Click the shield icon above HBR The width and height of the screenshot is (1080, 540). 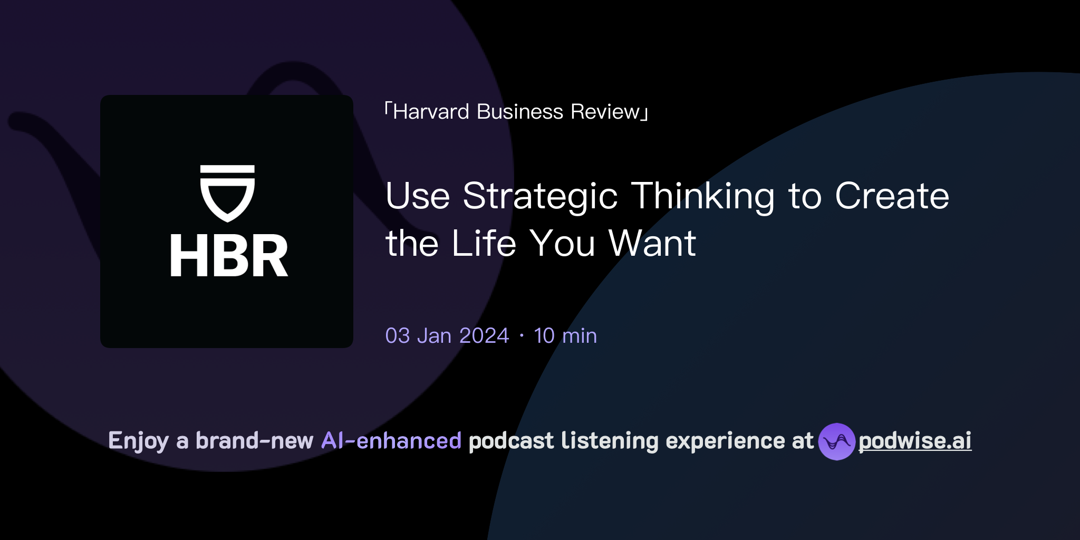tap(227, 192)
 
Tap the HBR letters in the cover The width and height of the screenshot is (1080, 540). tap(229, 256)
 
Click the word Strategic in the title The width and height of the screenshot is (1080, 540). tap(540, 196)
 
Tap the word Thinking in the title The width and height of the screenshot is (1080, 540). tap(703, 196)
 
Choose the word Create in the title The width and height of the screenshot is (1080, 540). tap(892, 196)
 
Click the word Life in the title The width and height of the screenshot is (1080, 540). tap(484, 244)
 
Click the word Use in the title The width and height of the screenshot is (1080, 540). tap(418, 196)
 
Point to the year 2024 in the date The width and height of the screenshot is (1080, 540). tap(484, 336)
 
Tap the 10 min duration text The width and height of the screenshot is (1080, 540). tap(565, 336)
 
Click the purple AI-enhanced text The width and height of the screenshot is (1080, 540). tap(391, 441)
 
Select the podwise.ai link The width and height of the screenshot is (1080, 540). tap(915, 441)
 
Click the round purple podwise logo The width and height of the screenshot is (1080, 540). tap(836, 441)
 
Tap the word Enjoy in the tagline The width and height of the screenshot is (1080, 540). tap(138, 441)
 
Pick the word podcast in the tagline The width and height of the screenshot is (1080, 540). tap(511, 441)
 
